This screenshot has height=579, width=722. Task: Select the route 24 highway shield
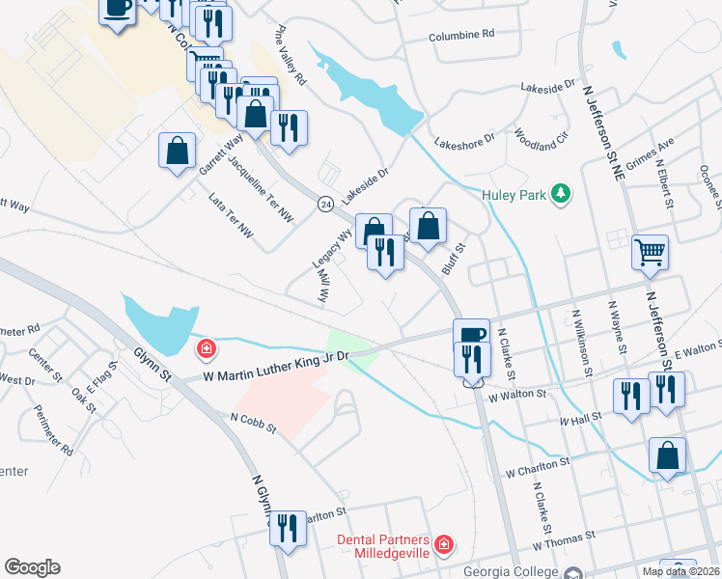tap(326, 204)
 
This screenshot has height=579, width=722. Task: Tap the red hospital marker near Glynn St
tap(206, 348)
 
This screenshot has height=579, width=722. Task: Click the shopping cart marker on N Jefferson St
tap(651, 253)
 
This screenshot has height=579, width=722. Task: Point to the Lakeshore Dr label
tap(464, 141)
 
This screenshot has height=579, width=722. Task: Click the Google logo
tap(32, 567)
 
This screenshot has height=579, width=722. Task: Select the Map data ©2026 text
tap(681, 571)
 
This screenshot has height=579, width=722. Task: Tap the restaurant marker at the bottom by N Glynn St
tap(288, 528)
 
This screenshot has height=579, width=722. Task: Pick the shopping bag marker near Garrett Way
tap(178, 151)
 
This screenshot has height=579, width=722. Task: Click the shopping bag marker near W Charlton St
tap(668, 456)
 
